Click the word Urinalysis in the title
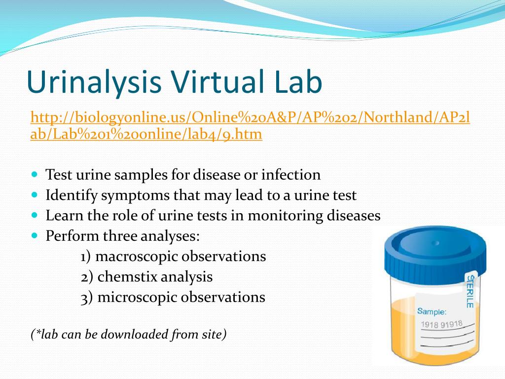click(94, 82)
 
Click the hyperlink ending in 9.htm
click(250, 125)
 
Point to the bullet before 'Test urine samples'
click(35, 174)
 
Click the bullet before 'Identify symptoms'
click(35, 194)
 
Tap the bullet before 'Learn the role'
click(35, 215)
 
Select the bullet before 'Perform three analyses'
click(35, 235)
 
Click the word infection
click(291, 175)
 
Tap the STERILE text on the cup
click(470, 292)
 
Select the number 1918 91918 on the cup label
click(441, 324)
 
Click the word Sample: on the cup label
click(432, 312)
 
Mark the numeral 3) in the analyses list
click(87, 298)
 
